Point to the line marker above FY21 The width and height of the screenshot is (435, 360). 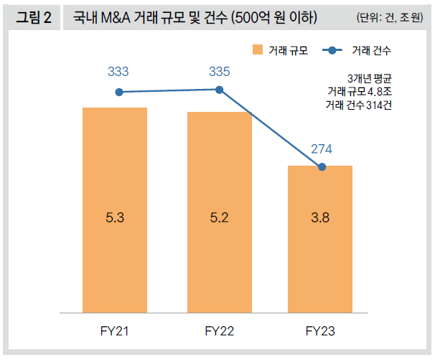[119, 92]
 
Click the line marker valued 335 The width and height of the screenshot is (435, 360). [220, 90]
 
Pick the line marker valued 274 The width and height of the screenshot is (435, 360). [322, 167]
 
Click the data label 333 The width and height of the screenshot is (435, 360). [118, 72]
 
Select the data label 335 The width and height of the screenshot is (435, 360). [220, 72]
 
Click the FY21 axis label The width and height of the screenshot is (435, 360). [115, 331]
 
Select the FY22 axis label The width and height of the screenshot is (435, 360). [220, 331]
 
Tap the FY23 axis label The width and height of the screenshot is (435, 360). [320, 331]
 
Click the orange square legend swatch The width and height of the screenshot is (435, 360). [258, 49]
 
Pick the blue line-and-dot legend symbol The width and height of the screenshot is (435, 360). [332, 49]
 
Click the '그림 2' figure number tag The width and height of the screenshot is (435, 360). [33, 17]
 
